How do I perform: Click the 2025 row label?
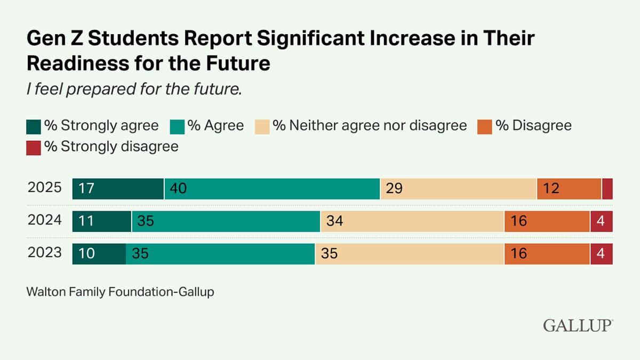pos(44,188)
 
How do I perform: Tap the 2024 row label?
pos(44,221)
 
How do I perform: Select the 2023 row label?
pos(44,253)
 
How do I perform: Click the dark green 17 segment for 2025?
pos(118,189)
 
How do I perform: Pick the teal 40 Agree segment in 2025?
pos(272,189)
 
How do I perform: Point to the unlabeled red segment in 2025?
pos(607,189)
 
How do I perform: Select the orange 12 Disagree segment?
pos(569,189)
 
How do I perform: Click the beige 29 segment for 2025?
pos(458,189)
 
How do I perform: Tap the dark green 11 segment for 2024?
pos(102,221)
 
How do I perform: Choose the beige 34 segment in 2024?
pos(412,221)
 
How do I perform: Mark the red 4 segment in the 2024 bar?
pos(601,221)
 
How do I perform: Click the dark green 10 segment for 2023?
pos(99,254)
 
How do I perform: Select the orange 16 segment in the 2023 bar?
pos(547,254)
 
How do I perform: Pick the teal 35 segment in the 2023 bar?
pos(220,254)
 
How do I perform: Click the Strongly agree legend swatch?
pos(33,126)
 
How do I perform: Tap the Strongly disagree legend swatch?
pos(33,147)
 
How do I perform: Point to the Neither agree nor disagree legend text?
pos(370,126)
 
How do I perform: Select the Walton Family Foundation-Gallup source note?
pos(120,292)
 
